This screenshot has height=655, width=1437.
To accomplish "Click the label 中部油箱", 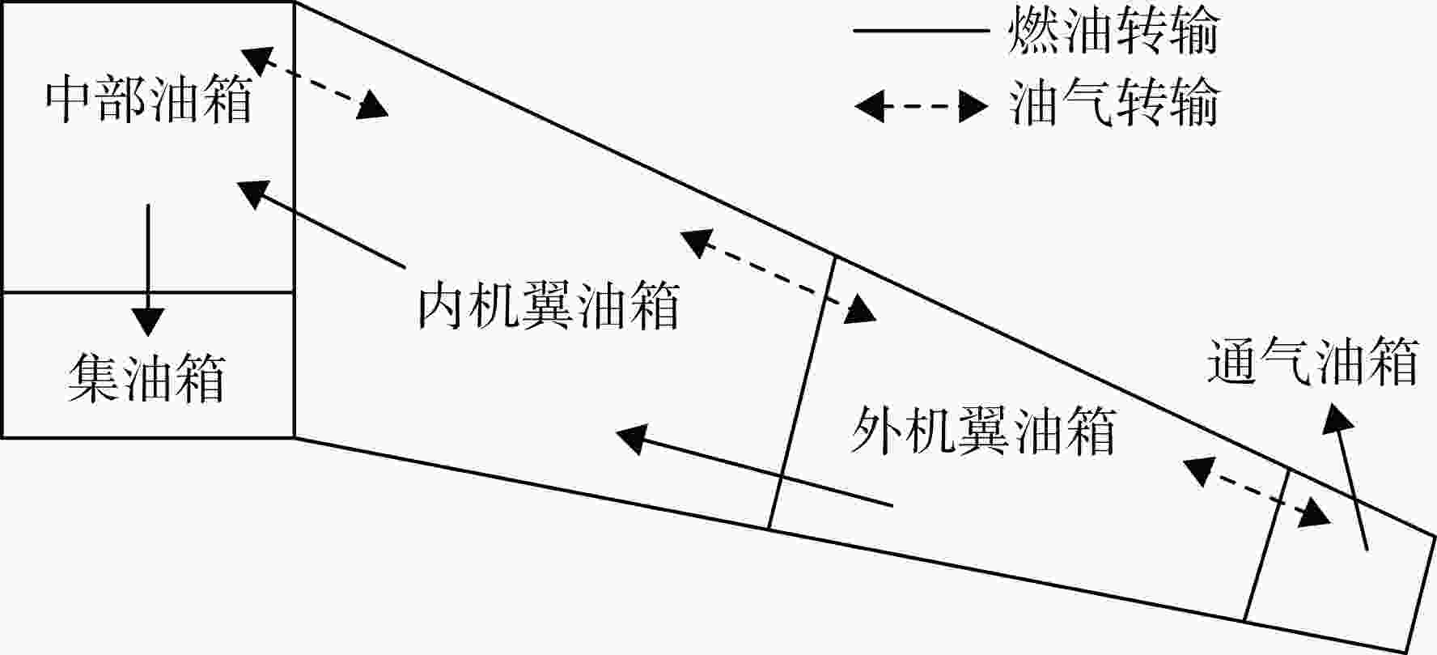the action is (148, 100).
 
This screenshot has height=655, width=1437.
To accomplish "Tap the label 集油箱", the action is (146, 378).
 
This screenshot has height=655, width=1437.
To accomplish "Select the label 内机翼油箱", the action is (549, 305).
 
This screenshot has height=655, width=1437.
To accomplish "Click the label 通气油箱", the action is (1312, 362).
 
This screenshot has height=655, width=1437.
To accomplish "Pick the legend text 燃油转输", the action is (1113, 32).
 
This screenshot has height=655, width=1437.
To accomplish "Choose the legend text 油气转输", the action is (1113, 104).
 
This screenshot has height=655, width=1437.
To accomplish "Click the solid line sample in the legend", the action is (922, 32).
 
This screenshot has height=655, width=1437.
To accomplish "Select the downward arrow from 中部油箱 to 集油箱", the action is (147, 270).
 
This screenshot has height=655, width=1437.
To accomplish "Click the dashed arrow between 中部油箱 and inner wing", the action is (315, 83).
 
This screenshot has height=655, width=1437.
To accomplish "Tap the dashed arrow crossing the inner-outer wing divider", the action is (778, 277).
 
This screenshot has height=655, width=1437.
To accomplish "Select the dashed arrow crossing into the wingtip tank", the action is (1257, 492).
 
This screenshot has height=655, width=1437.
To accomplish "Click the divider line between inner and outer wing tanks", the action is (802, 393).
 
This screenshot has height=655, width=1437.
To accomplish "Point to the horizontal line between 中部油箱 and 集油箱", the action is (147, 292).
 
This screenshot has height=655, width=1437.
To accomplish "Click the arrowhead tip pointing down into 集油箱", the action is (147, 336).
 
